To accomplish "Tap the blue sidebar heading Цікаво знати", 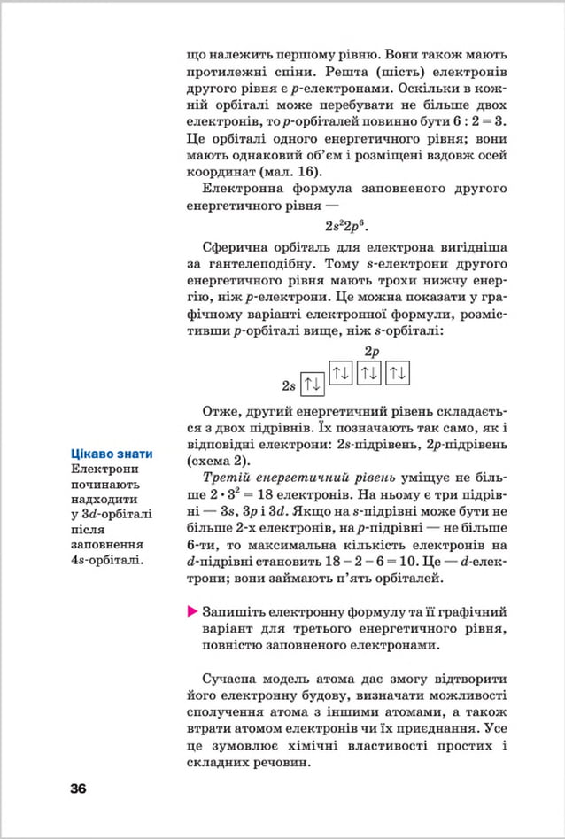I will point(112,454).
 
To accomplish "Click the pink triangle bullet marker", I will point(192,612).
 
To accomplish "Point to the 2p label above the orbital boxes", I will point(371,352).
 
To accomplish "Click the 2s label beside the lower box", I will point(289,385).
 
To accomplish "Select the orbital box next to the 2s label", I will point(312,385).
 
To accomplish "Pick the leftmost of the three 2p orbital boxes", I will point(342,372).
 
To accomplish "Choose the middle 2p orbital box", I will point(370,372).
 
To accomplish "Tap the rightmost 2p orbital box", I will point(399,372).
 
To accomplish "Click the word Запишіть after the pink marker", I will point(236,612).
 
